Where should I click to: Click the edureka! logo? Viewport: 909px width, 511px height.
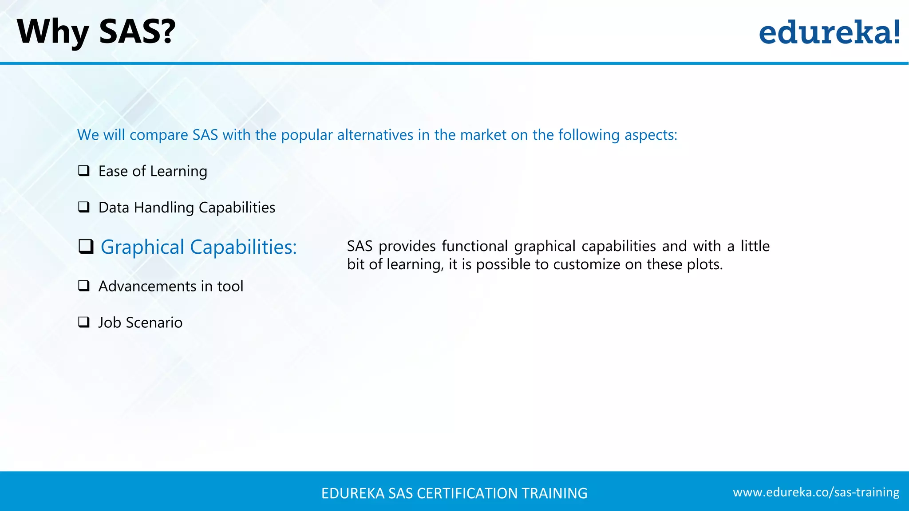click(x=829, y=32)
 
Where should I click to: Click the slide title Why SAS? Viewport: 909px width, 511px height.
click(x=96, y=32)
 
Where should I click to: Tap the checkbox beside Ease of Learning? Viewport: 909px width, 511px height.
click(x=84, y=171)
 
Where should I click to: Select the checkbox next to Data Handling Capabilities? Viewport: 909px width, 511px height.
click(x=84, y=207)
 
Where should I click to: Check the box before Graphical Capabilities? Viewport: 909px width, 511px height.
click(x=86, y=247)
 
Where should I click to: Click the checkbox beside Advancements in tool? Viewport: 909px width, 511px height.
click(x=84, y=286)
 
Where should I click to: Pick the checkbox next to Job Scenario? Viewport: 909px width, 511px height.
click(x=84, y=322)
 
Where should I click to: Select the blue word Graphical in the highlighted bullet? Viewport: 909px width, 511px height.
click(x=142, y=248)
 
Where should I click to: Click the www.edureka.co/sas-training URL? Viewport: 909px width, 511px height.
click(x=816, y=492)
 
